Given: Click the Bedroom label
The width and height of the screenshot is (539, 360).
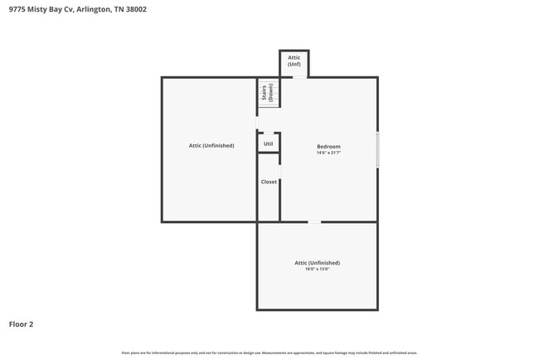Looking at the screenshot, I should click(x=328, y=146).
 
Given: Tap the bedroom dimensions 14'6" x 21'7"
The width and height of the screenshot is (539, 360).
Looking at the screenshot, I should click(x=328, y=153).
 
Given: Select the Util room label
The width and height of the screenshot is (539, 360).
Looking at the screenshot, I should click(x=268, y=144).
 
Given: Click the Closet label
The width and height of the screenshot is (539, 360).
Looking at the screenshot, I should click(x=269, y=182).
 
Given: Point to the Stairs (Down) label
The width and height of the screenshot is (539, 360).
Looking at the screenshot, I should click(x=267, y=92).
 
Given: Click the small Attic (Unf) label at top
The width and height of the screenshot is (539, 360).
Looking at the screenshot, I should click(x=294, y=61).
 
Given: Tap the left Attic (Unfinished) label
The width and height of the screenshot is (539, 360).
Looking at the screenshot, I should click(x=211, y=145).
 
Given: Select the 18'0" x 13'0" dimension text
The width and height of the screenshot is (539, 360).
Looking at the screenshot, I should click(x=317, y=269).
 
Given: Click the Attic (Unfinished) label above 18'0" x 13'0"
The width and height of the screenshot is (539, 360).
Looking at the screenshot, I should click(x=317, y=262).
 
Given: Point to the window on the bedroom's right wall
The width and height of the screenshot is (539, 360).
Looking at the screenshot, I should click(x=377, y=149).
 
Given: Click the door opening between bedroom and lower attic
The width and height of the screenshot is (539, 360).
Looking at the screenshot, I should click(x=314, y=221).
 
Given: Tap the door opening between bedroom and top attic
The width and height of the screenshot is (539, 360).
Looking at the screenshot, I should click(x=299, y=77).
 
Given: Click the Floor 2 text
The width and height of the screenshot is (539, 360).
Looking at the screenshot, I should click(x=22, y=324).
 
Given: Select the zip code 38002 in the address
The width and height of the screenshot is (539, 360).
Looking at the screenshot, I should click(x=136, y=10).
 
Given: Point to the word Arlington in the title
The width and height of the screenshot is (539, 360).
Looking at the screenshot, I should click(x=90, y=10).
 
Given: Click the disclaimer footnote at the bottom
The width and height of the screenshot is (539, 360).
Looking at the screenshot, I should click(x=269, y=353).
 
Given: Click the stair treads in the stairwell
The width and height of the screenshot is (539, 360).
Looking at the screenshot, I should click(x=273, y=92).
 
